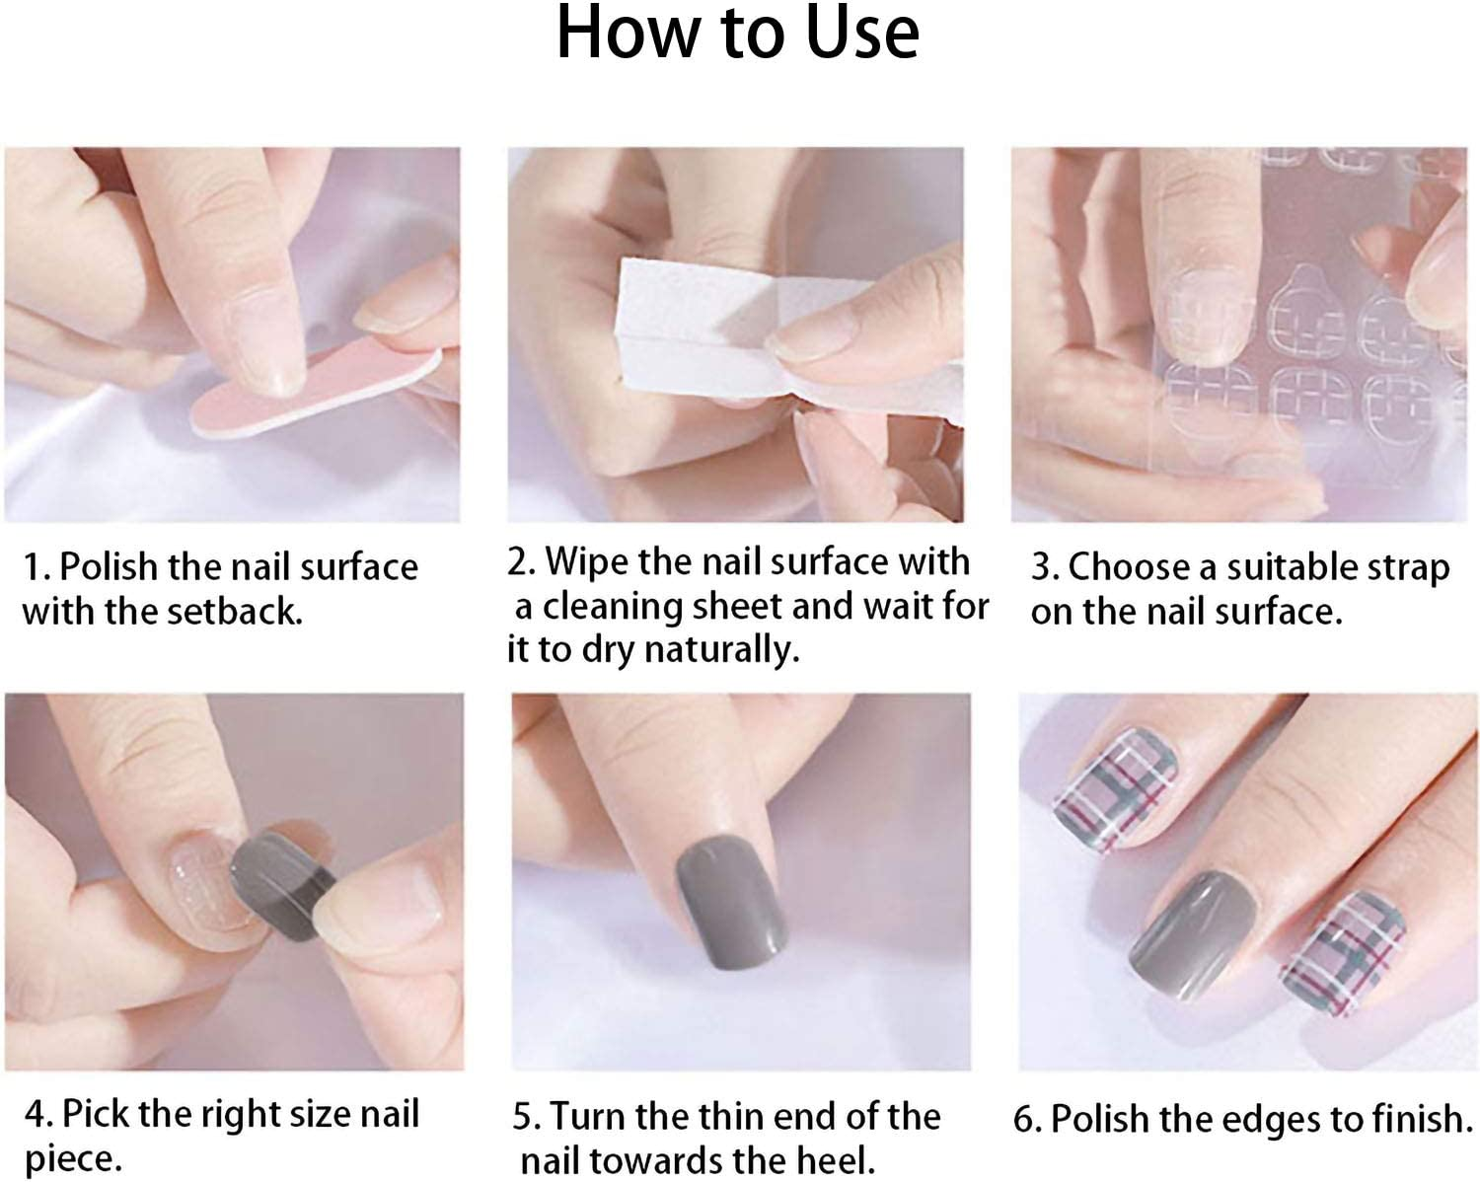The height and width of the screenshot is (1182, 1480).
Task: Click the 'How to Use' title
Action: coord(738,34)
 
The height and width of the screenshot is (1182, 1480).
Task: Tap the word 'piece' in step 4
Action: coord(71,1158)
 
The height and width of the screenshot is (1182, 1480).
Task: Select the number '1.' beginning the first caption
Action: coord(36,568)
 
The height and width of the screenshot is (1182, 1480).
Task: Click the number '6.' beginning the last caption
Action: coord(1027,1120)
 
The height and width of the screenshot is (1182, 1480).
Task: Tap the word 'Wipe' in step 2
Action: coord(586,562)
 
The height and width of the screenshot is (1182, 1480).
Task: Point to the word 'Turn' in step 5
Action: coord(588,1117)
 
